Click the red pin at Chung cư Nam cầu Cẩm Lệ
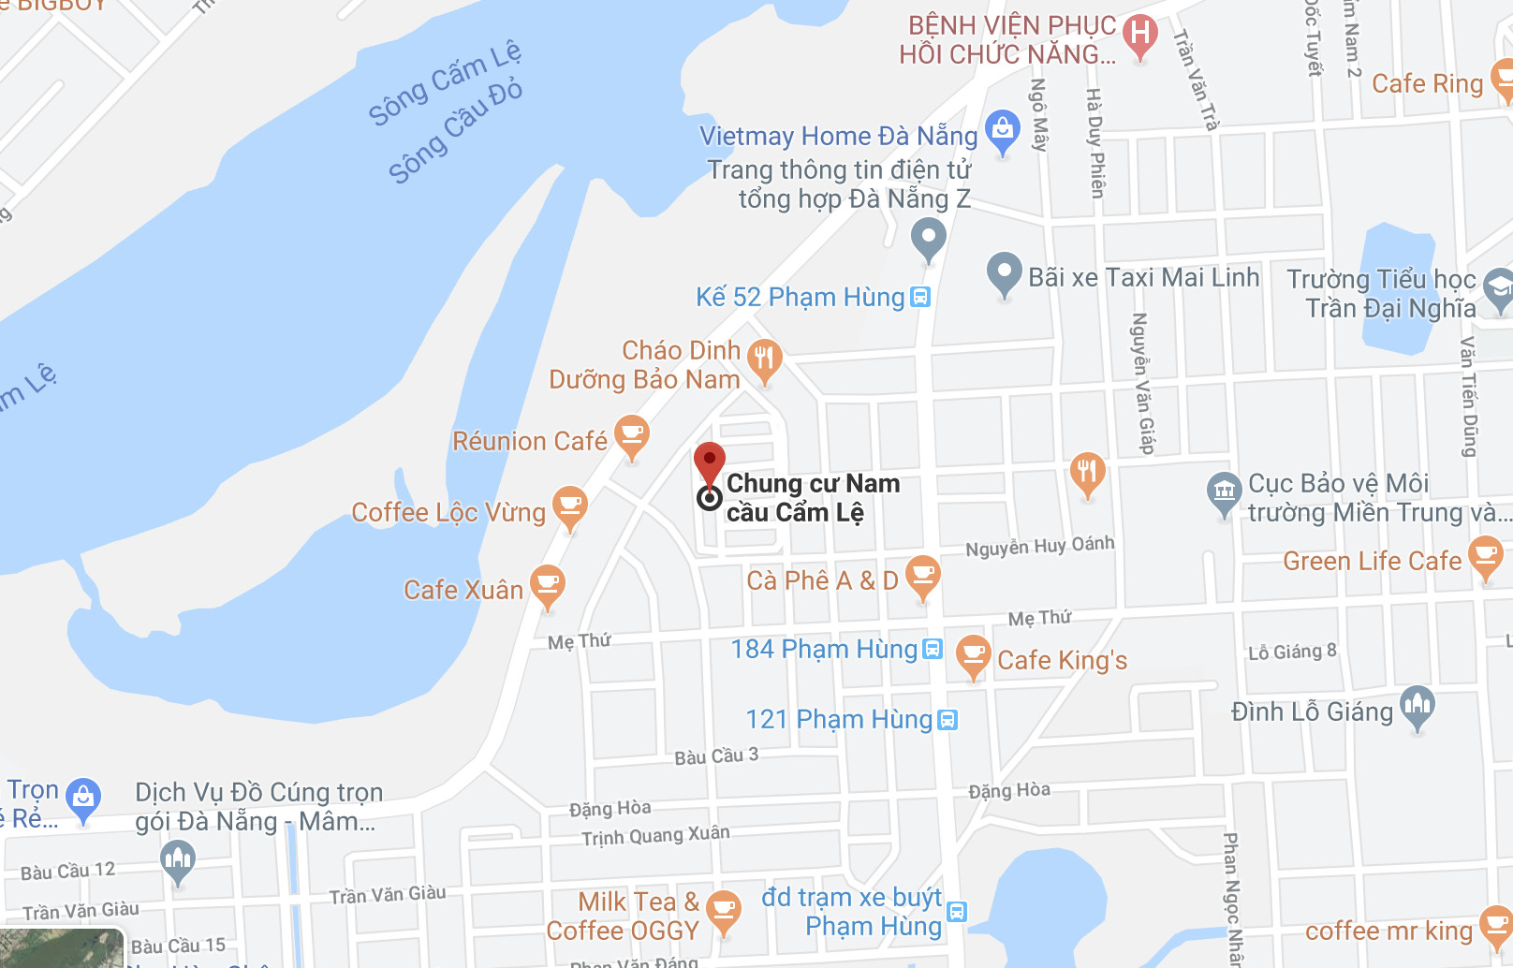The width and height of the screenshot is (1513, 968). point(710,462)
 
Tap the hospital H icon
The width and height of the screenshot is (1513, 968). point(1139,35)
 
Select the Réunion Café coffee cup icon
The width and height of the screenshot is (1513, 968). point(632,434)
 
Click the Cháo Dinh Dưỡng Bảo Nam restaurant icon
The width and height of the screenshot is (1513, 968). point(764,359)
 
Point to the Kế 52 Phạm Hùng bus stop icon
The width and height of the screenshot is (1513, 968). point(920,298)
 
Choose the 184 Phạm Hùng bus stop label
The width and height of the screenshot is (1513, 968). point(824,649)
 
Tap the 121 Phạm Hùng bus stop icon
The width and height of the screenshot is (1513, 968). point(947,720)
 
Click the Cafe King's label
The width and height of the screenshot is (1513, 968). point(1062,660)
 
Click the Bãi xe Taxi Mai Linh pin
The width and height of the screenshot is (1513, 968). point(1004,272)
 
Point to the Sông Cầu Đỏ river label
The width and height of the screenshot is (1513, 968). point(455,132)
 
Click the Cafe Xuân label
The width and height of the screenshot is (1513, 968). point(463,590)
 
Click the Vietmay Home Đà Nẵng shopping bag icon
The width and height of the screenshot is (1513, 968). point(1002,130)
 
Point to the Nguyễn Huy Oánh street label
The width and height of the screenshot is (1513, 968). point(1039,546)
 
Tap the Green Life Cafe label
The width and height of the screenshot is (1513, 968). point(1372,561)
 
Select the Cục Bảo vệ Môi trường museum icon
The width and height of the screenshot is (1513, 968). point(1224,491)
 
